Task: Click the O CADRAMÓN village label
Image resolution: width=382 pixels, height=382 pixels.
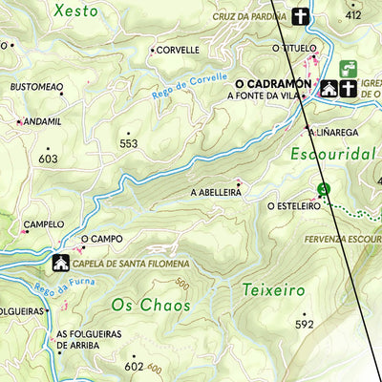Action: click(269, 83)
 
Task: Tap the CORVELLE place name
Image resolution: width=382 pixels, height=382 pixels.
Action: click(178, 50)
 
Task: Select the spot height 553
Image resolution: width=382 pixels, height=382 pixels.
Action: click(129, 143)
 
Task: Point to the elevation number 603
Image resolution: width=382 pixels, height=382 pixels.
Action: click(49, 159)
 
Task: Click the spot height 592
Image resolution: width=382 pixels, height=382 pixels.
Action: click(305, 325)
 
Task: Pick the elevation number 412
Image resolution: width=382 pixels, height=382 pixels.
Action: click(354, 15)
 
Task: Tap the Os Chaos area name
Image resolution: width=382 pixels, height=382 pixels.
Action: click(150, 306)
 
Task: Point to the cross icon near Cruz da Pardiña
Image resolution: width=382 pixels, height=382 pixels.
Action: click(301, 16)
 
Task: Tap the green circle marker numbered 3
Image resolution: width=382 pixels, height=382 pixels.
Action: click(324, 189)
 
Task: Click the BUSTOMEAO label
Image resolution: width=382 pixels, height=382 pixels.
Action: click(36, 87)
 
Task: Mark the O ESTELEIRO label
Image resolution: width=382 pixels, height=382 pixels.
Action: click(292, 205)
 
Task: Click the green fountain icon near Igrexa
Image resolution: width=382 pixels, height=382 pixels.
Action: click(350, 69)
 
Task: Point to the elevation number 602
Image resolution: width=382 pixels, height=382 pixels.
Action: click(133, 366)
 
